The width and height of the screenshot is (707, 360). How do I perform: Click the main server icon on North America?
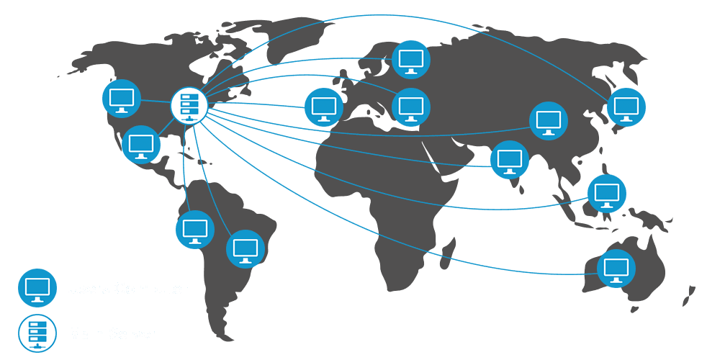pyautogui.click(x=189, y=105)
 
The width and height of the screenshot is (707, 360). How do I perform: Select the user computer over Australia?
pyautogui.click(x=616, y=269)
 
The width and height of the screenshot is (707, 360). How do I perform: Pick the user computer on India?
pyautogui.click(x=510, y=160)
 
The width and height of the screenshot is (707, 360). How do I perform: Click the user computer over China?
pyautogui.click(x=549, y=121)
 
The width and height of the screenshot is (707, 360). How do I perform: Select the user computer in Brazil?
pyautogui.click(x=246, y=249)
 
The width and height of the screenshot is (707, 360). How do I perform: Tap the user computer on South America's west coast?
pyautogui.click(x=194, y=230)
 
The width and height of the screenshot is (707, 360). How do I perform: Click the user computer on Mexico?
pyautogui.click(x=141, y=145)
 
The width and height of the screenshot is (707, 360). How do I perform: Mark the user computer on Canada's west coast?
pyautogui.click(x=122, y=98)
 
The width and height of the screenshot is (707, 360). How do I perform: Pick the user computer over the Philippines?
pyautogui.click(x=606, y=194)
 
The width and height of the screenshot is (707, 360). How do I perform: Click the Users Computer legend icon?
pyautogui.click(x=37, y=288)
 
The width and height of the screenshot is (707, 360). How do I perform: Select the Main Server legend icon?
pyautogui.click(x=37, y=333)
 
